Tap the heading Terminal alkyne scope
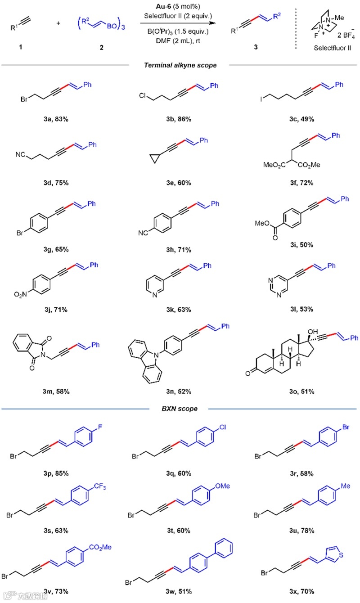point(180,66)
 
